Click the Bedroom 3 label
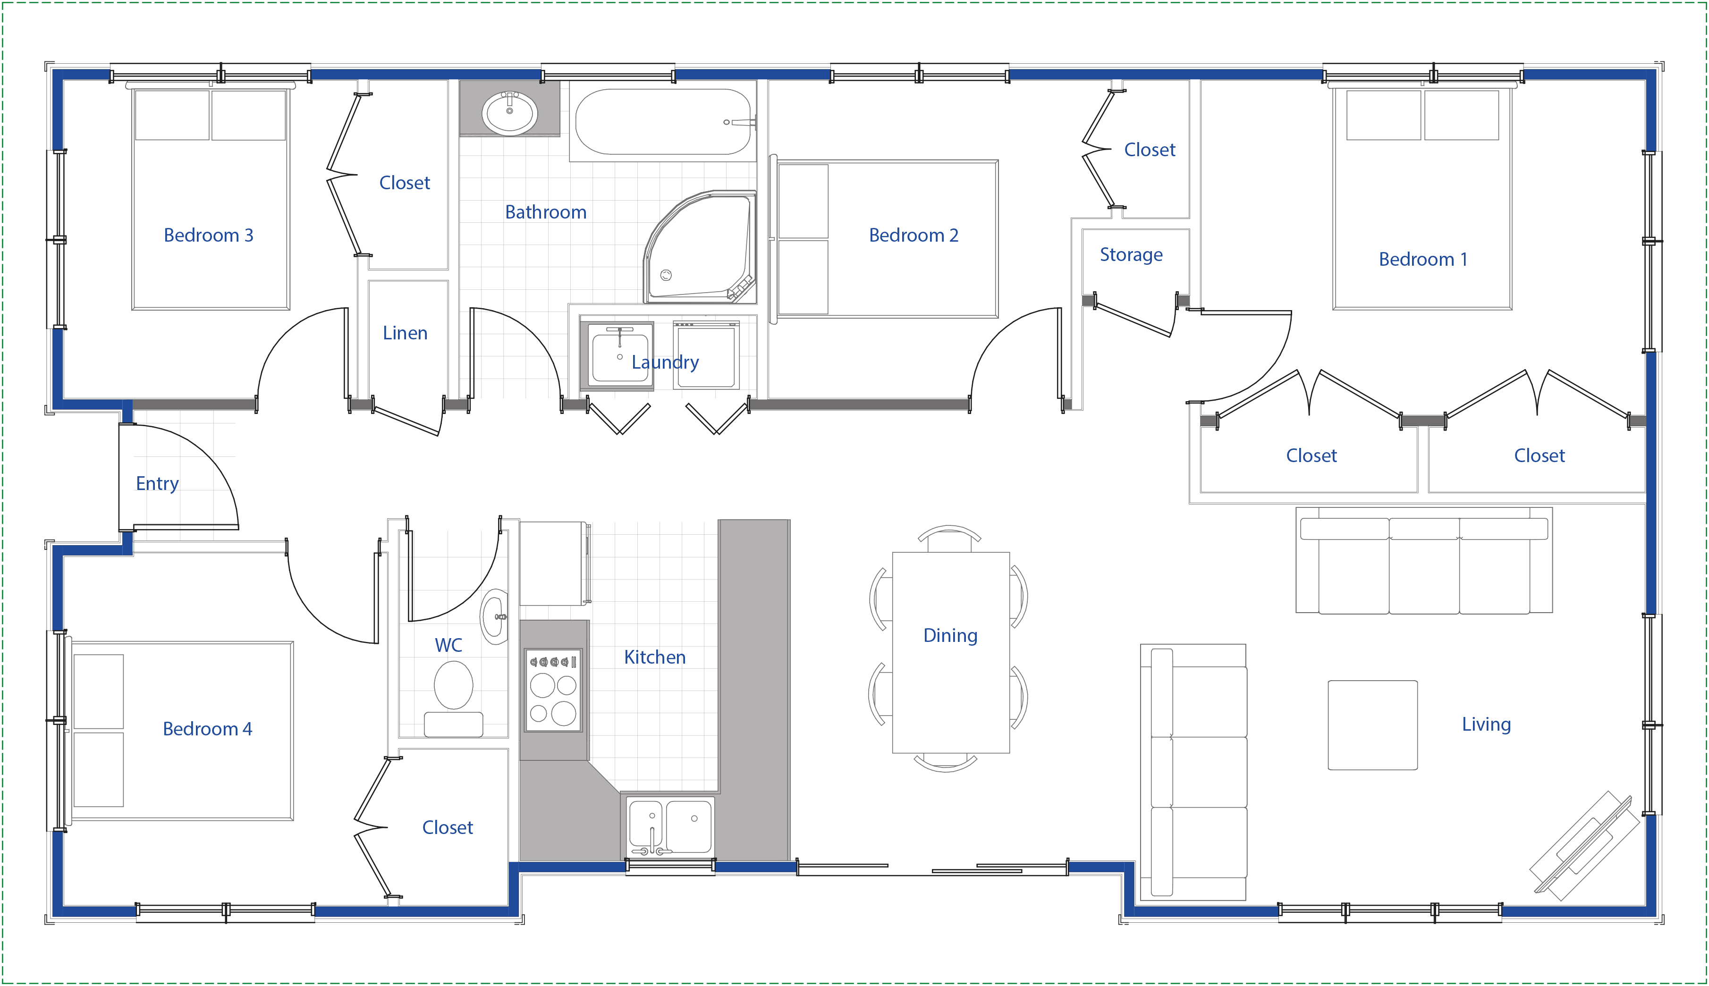209,235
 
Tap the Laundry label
665,362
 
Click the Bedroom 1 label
1423,260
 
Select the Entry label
157,483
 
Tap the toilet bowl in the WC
453,685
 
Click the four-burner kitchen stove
553,690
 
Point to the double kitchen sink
670,827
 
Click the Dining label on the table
950,635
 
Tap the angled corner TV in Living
1585,846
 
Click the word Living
1486,725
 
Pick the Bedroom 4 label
207,729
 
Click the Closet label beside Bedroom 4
448,827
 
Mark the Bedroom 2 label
914,235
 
